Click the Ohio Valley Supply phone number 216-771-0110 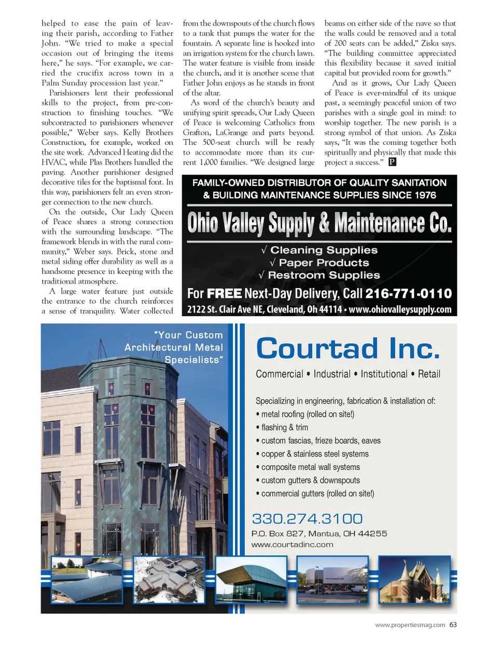pos(408,294)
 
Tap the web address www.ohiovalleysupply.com pos(400,309)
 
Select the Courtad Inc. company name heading pos(348,348)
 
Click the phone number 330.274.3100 pos(307,519)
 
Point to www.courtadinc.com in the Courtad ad pos(292,545)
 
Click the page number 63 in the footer pos(453,625)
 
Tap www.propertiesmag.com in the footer pos(410,625)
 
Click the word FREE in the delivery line pos(224,294)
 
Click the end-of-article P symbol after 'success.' pos(392,162)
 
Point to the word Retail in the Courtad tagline pos(429,374)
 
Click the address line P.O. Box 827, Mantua pos(319,533)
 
